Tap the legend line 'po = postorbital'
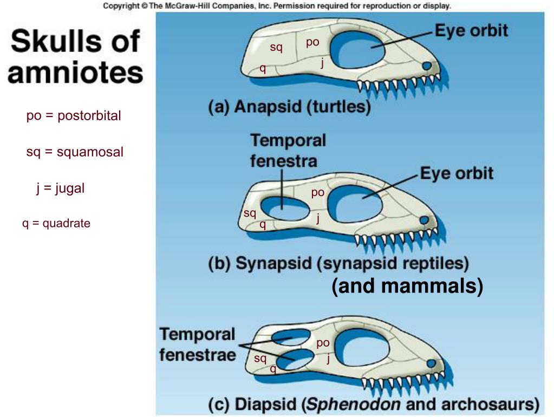(x=74, y=116)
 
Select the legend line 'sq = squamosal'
(x=75, y=152)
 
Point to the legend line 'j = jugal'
(x=61, y=188)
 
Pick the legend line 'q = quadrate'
(x=56, y=223)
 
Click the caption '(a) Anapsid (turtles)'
(x=290, y=107)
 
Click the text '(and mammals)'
(x=407, y=286)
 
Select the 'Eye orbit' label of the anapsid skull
(x=471, y=30)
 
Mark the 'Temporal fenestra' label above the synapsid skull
(x=288, y=150)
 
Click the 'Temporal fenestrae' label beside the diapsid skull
(x=198, y=344)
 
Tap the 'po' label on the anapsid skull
(x=312, y=42)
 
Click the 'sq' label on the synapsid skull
(x=250, y=213)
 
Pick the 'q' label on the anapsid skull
(x=263, y=68)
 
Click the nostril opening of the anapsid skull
(x=427, y=66)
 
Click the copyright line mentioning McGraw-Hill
(x=277, y=6)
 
